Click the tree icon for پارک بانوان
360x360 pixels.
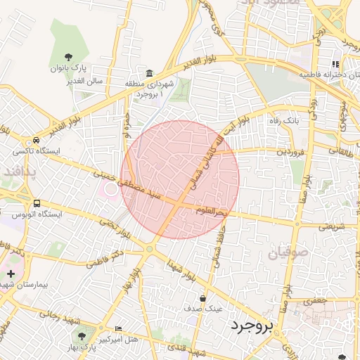(67, 57)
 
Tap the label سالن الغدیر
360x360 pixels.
(86, 81)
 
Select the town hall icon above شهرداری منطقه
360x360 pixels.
(150, 74)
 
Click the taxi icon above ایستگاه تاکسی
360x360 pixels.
(37, 139)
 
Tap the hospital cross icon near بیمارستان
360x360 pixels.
(10, 273)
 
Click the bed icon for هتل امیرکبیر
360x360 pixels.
(118, 328)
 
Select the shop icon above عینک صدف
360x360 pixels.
(202, 298)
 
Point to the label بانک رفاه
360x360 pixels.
(284, 120)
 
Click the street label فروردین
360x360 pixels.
(290, 150)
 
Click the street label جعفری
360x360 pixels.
(316, 301)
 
